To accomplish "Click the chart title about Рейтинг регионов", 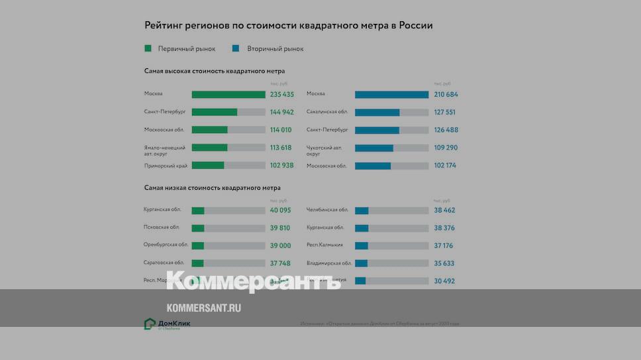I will (289, 26).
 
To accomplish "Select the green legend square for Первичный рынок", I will (148, 48).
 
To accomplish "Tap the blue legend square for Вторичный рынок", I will (236, 48).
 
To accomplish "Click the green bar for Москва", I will (228, 95).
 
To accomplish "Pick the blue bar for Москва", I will (391, 95).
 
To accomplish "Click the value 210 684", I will (446, 95).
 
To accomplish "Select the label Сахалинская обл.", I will (327, 112).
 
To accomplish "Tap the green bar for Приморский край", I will (208, 165).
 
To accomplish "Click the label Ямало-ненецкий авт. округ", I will (165, 150).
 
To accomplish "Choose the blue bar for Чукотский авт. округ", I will (374, 148).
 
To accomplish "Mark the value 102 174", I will (446, 165).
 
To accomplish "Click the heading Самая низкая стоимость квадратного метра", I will (212, 188).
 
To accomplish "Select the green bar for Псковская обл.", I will (198, 228).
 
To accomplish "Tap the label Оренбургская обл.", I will (166, 245).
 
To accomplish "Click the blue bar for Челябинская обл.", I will (362, 210).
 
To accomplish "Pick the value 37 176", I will (444, 246).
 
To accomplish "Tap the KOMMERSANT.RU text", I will (203, 308).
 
